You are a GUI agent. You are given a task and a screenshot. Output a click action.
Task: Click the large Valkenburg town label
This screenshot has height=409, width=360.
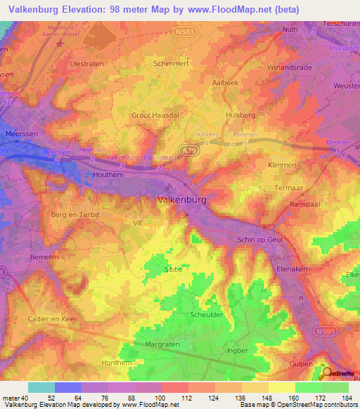pos(181,200)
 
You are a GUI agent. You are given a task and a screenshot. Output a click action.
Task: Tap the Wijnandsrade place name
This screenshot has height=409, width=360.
pos(288,67)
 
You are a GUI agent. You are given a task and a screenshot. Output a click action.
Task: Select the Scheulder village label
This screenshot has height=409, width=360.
pos(207,314)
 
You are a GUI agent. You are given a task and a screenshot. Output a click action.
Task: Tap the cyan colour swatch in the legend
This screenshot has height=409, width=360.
pos(41,387)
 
